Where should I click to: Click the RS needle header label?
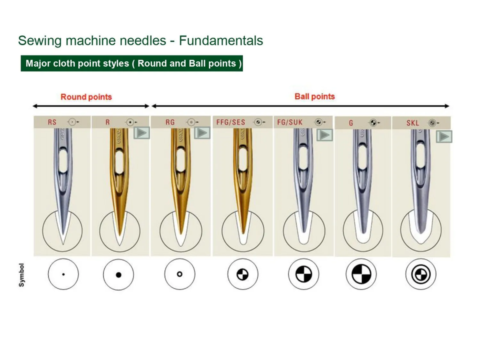point(52,122)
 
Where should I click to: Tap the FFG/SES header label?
point(230,122)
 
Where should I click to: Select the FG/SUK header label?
point(290,122)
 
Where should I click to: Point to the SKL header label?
point(412,122)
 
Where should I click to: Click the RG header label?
point(170,122)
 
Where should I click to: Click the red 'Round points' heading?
point(86,96)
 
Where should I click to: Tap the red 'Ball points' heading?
point(314,96)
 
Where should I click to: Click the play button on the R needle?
point(142,133)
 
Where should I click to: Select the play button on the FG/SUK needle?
point(325,134)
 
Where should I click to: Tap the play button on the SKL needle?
point(444,136)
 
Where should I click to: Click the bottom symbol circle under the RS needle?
point(63,274)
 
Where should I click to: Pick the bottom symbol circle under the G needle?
point(361,274)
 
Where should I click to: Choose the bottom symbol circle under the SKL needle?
point(420,274)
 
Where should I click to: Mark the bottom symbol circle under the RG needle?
point(179,274)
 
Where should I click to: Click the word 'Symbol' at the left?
point(22,275)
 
